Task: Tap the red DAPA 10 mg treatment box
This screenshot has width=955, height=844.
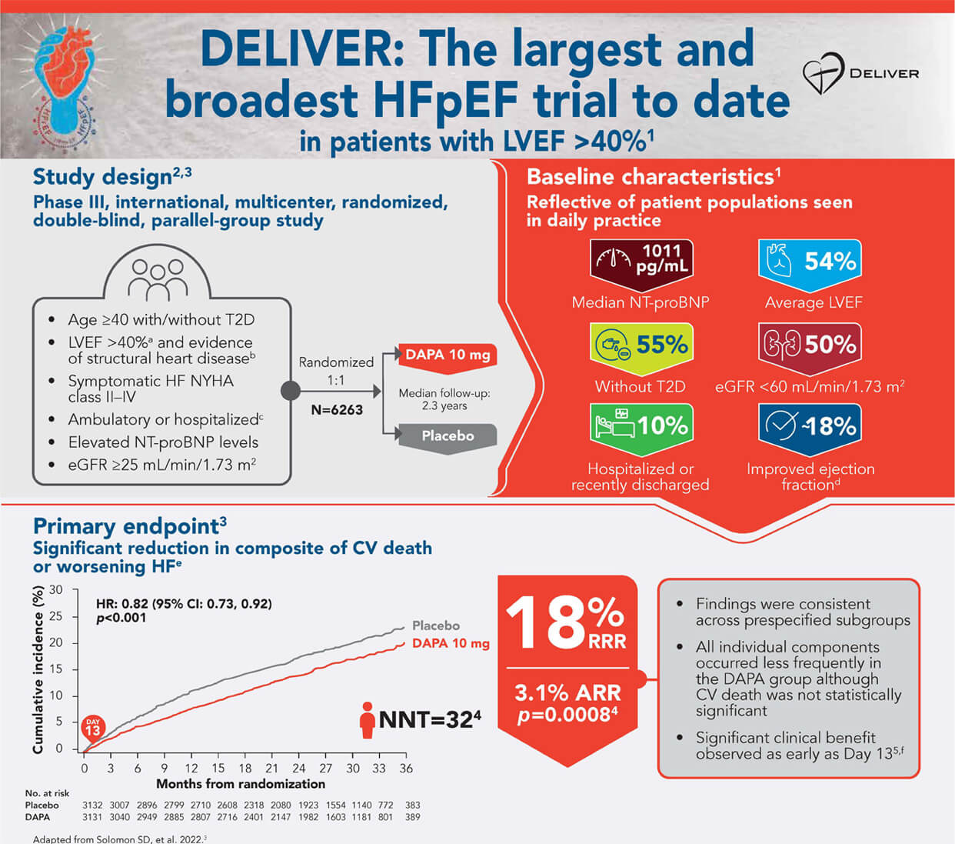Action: coord(448,358)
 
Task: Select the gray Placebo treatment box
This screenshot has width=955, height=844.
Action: coord(448,439)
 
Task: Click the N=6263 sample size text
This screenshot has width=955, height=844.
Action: coord(337,410)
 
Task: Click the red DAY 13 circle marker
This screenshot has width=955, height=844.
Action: coord(93,728)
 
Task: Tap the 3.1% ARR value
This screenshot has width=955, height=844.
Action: coord(567,693)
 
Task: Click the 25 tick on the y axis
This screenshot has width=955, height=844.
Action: coord(55,616)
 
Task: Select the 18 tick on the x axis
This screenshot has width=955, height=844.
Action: coord(245,769)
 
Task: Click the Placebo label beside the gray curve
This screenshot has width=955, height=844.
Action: coord(435,625)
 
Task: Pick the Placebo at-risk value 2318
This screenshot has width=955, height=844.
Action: coord(254,806)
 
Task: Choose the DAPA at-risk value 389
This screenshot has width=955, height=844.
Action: coord(412,817)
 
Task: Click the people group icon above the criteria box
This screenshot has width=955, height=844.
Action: coord(158,280)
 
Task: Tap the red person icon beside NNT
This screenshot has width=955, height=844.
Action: coord(368,720)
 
